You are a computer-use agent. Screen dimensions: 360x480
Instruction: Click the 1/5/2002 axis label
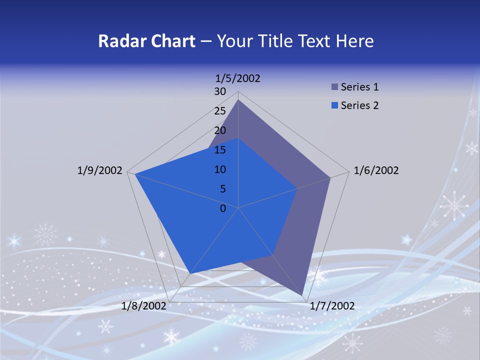point(238,78)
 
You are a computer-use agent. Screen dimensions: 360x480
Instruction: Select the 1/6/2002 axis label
point(376,170)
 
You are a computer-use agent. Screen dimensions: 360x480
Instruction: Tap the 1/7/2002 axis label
point(332,306)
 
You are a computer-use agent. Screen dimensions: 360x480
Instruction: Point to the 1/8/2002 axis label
point(144,306)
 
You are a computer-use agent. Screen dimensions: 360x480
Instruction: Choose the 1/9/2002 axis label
point(100,170)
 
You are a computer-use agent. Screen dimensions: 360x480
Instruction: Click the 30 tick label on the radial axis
point(220,91)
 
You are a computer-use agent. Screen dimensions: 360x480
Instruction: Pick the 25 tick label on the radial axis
point(220,111)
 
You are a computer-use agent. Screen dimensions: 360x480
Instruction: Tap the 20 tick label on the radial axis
point(220,130)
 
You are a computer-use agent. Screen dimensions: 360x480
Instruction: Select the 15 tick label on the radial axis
point(220,150)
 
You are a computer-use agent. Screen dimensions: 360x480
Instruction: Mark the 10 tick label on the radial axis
point(220,169)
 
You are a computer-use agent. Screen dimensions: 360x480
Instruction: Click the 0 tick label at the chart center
point(223,208)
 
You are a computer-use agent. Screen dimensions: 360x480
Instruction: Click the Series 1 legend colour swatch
point(334,87)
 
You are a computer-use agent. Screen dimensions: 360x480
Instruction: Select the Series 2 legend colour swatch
point(334,105)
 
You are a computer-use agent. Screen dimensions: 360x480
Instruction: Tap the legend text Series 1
point(359,87)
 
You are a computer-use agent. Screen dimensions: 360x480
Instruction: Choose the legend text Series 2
point(359,105)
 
